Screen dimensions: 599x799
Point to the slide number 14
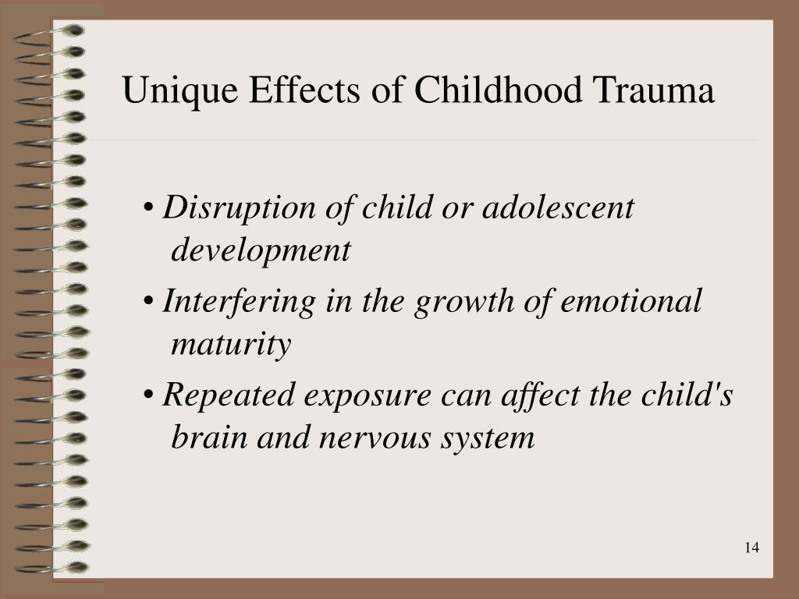coord(751,548)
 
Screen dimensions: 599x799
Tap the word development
coord(261,252)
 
